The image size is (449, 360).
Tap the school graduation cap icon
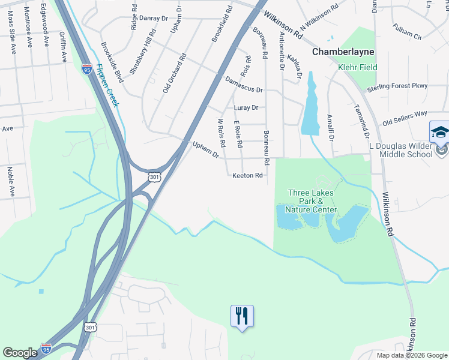click(439, 131)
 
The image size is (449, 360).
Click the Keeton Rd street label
click(248, 176)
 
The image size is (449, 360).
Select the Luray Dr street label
click(246, 108)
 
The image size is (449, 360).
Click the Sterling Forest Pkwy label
click(397, 86)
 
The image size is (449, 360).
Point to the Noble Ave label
click(10, 182)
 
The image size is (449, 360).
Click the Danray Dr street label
click(152, 18)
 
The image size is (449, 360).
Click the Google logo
click(20, 353)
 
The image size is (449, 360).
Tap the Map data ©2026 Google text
click(411, 355)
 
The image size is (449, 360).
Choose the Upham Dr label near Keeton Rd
click(205, 150)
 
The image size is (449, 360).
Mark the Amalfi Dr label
click(330, 127)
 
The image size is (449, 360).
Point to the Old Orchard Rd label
click(175, 73)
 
